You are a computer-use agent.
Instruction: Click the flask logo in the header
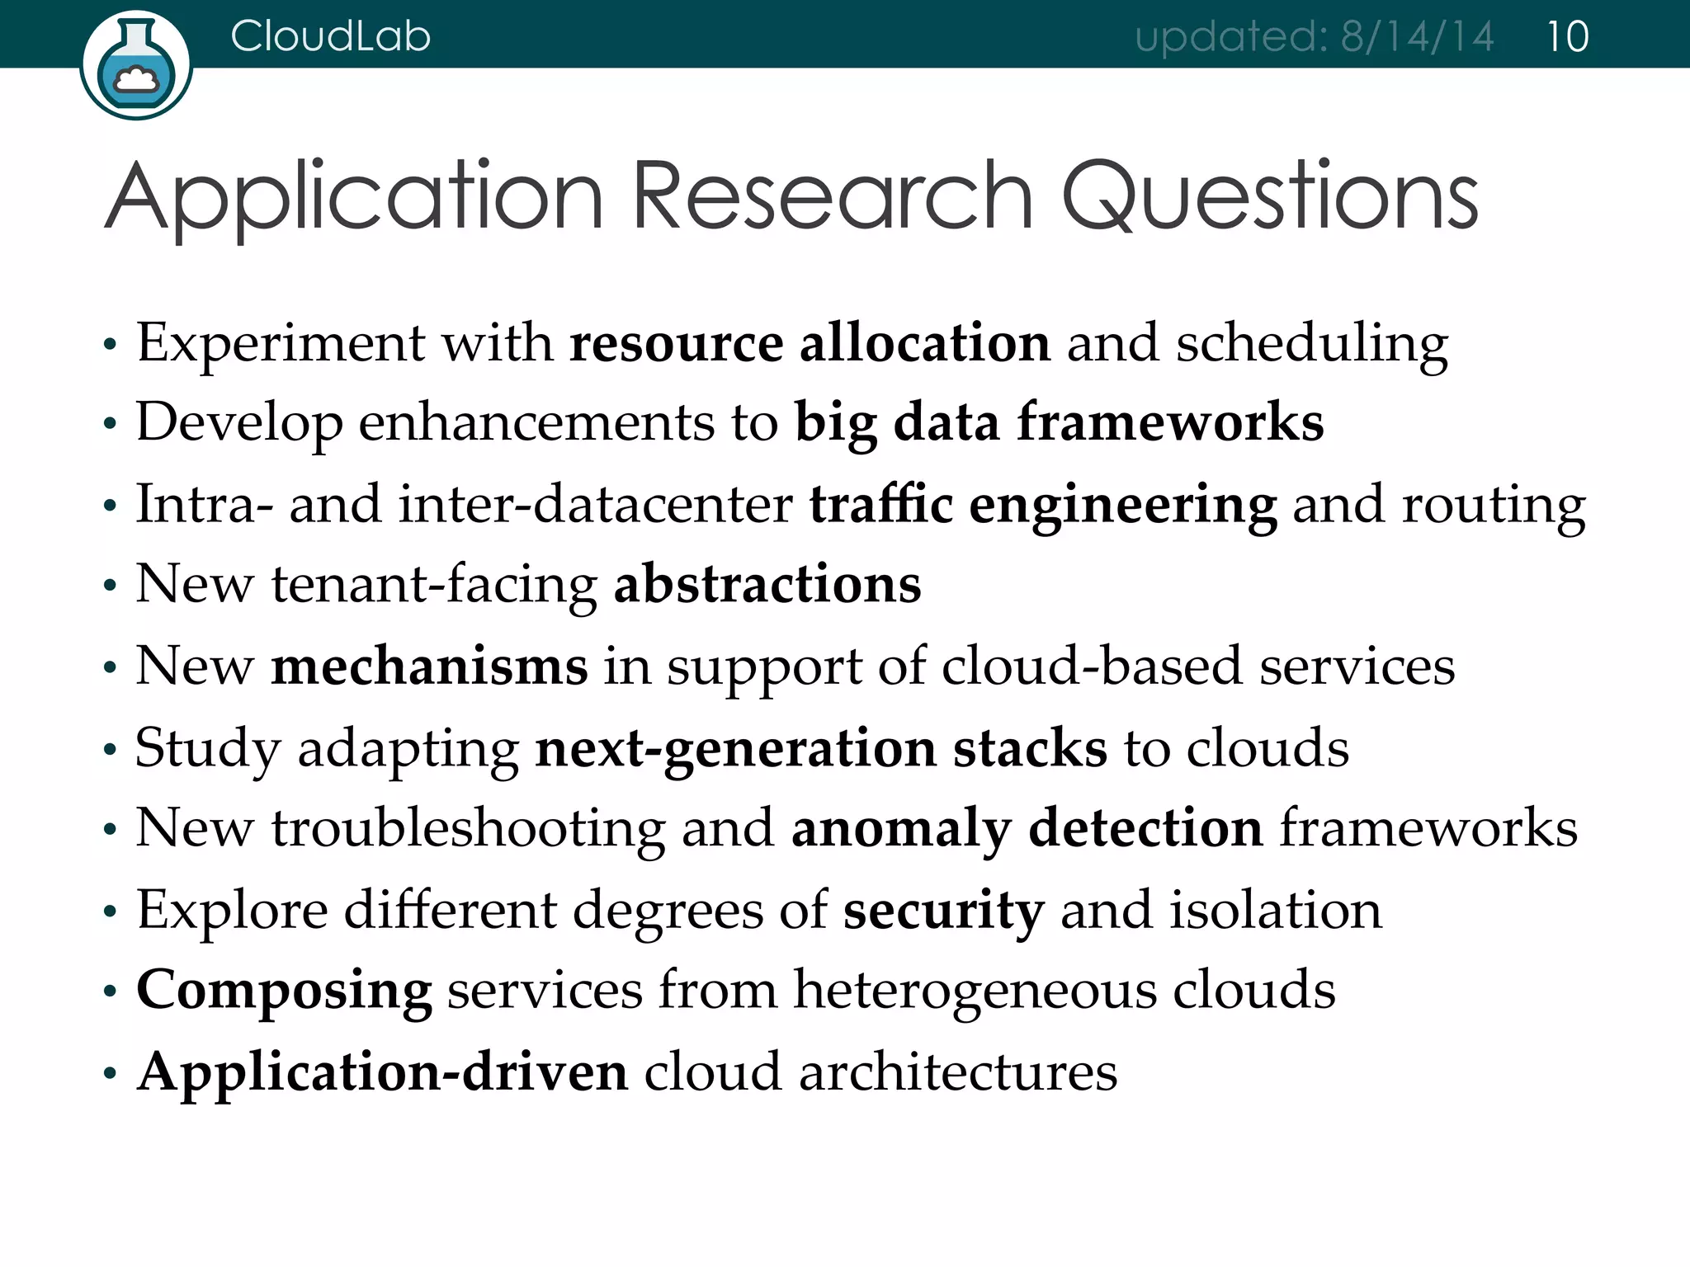coord(136,66)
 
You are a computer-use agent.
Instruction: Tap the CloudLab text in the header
coord(330,36)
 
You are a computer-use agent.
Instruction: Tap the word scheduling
coord(1311,345)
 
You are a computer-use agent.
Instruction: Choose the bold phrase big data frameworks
coord(1059,422)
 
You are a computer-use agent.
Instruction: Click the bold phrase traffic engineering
coord(1042,505)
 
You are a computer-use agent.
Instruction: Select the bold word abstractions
coord(767,584)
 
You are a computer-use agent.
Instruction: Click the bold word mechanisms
coord(429,666)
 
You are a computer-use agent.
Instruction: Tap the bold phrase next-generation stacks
coord(821,749)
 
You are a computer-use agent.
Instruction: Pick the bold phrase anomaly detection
coord(1027,828)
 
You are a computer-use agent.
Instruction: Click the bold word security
coord(943,911)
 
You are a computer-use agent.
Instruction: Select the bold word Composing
coord(284,991)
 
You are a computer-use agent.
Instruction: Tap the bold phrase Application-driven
coord(383,1072)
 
